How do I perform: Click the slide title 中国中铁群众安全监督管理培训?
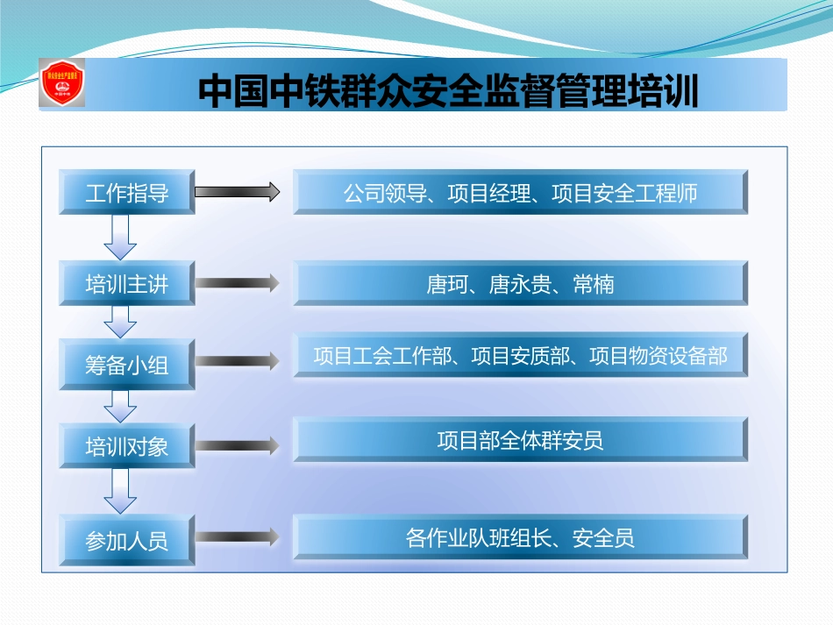pyautogui.click(x=448, y=90)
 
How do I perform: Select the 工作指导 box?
pyautogui.click(x=126, y=193)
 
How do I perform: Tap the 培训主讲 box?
pyautogui.click(x=126, y=283)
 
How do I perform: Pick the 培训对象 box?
pyautogui.click(x=126, y=446)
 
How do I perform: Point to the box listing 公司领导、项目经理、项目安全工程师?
pyautogui.click(x=520, y=193)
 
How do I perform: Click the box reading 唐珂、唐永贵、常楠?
pyautogui.click(x=520, y=283)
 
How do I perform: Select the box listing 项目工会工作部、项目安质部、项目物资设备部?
pyautogui.click(x=520, y=356)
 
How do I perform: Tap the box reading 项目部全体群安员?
pyautogui.click(x=520, y=439)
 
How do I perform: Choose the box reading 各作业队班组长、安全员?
pyautogui.click(x=520, y=537)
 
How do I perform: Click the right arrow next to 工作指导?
pyautogui.click(x=236, y=191)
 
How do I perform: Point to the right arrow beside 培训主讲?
pyautogui.click(x=236, y=282)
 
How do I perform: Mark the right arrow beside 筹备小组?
pyautogui.click(x=236, y=360)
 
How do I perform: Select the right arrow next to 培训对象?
pyautogui.click(x=236, y=445)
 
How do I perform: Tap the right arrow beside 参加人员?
pyautogui.click(x=236, y=536)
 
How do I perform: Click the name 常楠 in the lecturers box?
pyautogui.click(x=594, y=284)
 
